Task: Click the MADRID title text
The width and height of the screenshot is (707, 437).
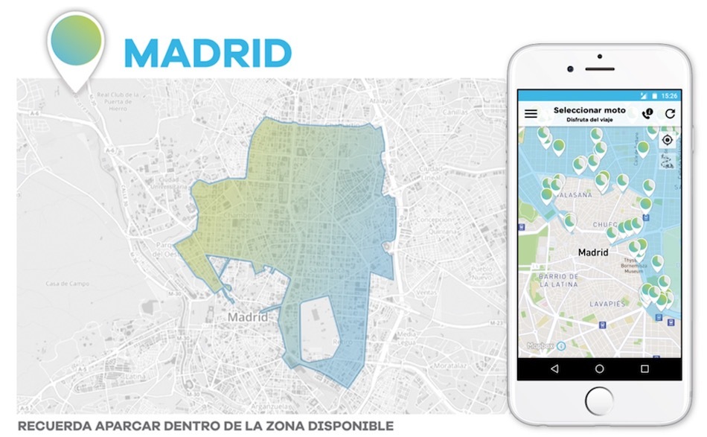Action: pyautogui.click(x=208, y=53)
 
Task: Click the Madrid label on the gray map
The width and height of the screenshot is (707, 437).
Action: pyautogui.click(x=248, y=317)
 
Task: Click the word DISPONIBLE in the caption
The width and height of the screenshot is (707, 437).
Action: pyautogui.click(x=353, y=427)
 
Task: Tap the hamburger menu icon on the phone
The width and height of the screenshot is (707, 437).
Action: pyautogui.click(x=531, y=114)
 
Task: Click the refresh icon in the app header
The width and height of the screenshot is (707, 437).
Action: pyautogui.click(x=670, y=114)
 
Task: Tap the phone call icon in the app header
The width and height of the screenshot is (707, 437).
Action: pyautogui.click(x=647, y=114)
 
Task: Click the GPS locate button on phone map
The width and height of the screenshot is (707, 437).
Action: pyautogui.click(x=667, y=140)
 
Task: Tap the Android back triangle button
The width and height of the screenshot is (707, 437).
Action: pyautogui.click(x=554, y=369)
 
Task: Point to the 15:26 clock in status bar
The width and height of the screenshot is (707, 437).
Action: pyautogui.click(x=669, y=96)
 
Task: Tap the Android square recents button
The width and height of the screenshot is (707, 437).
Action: pyautogui.click(x=644, y=369)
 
